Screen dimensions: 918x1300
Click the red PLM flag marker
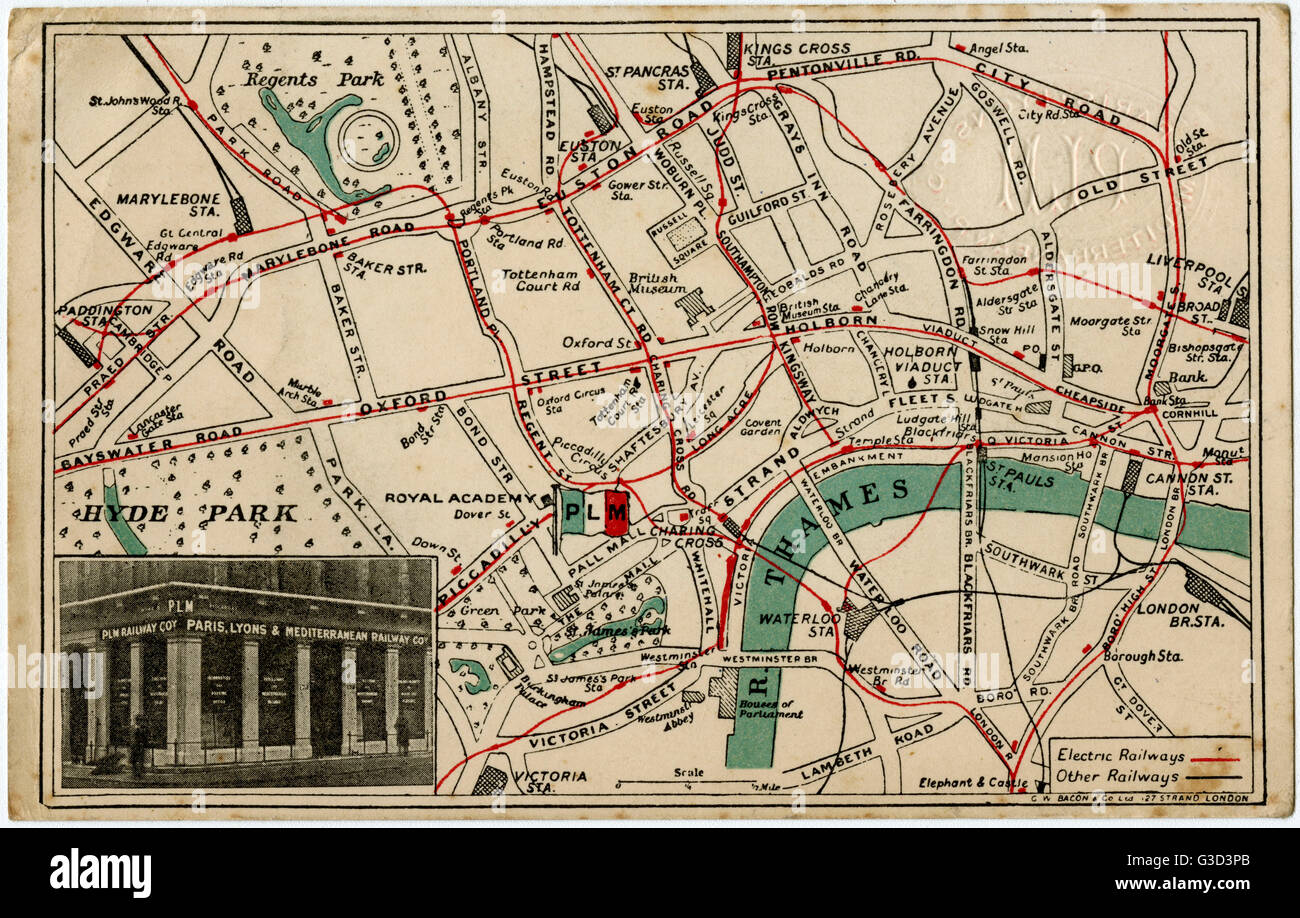[616, 512]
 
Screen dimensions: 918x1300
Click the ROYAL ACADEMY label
[461, 498]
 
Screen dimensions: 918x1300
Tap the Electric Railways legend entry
[1120, 756]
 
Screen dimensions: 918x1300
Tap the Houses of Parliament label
[767, 707]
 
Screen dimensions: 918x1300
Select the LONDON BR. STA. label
[1167, 614]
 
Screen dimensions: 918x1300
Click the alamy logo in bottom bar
[100, 873]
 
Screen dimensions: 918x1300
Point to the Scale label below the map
[688, 772]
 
